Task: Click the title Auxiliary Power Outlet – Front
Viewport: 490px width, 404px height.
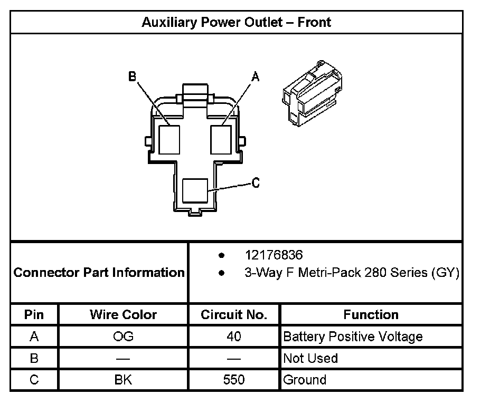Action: point(236,23)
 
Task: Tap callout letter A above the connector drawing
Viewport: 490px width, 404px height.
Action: point(256,77)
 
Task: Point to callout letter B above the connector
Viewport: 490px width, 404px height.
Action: point(132,77)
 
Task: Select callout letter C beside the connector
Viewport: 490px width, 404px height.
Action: point(256,183)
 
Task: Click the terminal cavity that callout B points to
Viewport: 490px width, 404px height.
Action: point(169,139)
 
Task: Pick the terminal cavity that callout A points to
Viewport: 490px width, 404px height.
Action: point(221,139)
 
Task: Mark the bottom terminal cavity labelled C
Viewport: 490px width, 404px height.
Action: point(195,190)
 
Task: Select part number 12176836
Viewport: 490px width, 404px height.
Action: point(274,256)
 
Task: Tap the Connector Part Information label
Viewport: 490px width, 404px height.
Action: point(99,273)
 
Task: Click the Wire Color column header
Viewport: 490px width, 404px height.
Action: point(123,315)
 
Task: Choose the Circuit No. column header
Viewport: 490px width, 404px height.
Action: point(234,315)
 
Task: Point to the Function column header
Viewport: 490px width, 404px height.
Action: point(371,315)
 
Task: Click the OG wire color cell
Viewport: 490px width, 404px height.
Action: point(123,336)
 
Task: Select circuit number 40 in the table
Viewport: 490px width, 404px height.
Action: point(234,336)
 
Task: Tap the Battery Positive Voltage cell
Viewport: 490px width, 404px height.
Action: point(353,336)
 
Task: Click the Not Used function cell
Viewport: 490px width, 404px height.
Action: point(310,358)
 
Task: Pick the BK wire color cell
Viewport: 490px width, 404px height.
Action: point(123,380)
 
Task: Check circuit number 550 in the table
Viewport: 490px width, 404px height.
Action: point(234,380)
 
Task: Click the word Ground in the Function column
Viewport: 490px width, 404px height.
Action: point(305,380)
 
